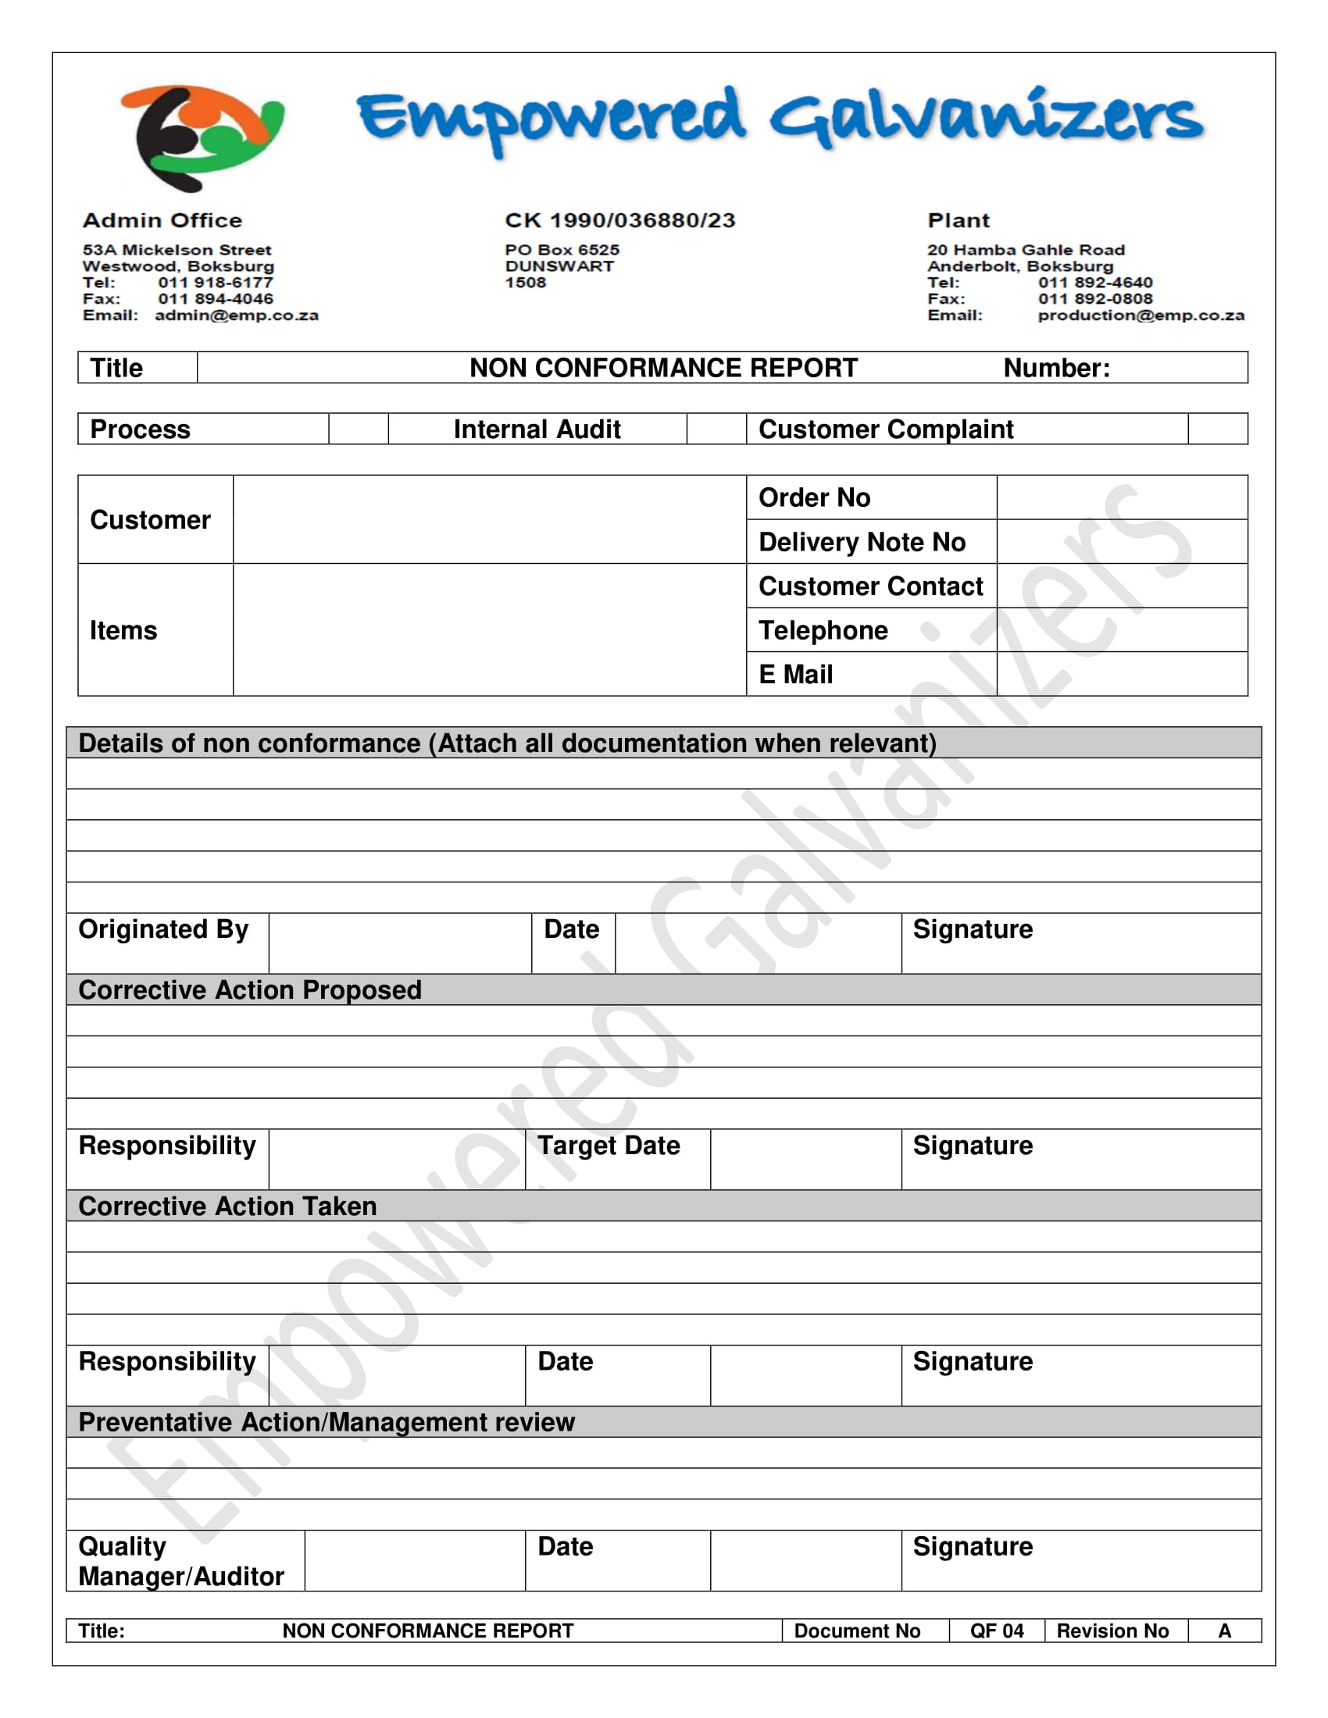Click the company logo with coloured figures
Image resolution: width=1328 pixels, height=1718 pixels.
202,137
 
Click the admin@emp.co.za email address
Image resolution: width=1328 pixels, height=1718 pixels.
236,315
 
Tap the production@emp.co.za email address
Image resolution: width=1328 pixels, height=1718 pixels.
1140,315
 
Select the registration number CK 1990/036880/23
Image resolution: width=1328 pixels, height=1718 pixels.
620,220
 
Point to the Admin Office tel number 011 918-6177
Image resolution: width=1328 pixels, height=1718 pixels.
215,283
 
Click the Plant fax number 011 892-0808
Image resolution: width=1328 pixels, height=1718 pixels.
1095,299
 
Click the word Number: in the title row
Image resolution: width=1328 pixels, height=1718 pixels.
1056,368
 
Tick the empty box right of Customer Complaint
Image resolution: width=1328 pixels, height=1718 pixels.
1217,429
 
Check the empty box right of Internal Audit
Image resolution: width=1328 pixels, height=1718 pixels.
716,429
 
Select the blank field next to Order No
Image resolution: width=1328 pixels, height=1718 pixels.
1121,497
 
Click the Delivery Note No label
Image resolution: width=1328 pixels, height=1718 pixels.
862,542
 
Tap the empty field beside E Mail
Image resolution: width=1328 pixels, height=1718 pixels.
1121,674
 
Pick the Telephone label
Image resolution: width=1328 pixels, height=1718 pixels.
823,630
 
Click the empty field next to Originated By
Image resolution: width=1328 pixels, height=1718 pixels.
400,943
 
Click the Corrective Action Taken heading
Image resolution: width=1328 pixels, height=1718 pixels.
227,1206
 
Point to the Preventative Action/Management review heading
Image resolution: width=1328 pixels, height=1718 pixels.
327,1422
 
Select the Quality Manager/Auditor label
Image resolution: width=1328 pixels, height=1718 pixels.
181,1562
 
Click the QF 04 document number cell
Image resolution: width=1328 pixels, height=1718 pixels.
996,1631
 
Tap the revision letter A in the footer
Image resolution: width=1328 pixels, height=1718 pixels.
1224,1631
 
